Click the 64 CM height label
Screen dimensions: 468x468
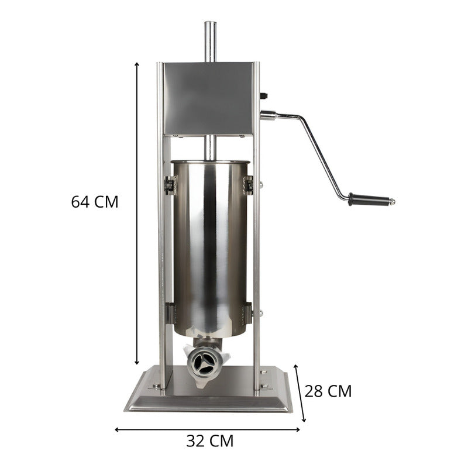(95, 202)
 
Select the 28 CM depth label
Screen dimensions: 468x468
(329, 391)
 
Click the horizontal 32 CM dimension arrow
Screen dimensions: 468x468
(208, 429)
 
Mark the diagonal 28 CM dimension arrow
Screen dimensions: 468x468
(300, 392)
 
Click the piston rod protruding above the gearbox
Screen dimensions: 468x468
(209, 41)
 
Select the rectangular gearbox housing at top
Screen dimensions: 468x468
(208, 98)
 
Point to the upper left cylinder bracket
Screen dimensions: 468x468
(169, 185)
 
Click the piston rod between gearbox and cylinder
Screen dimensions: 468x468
(209, 147)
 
